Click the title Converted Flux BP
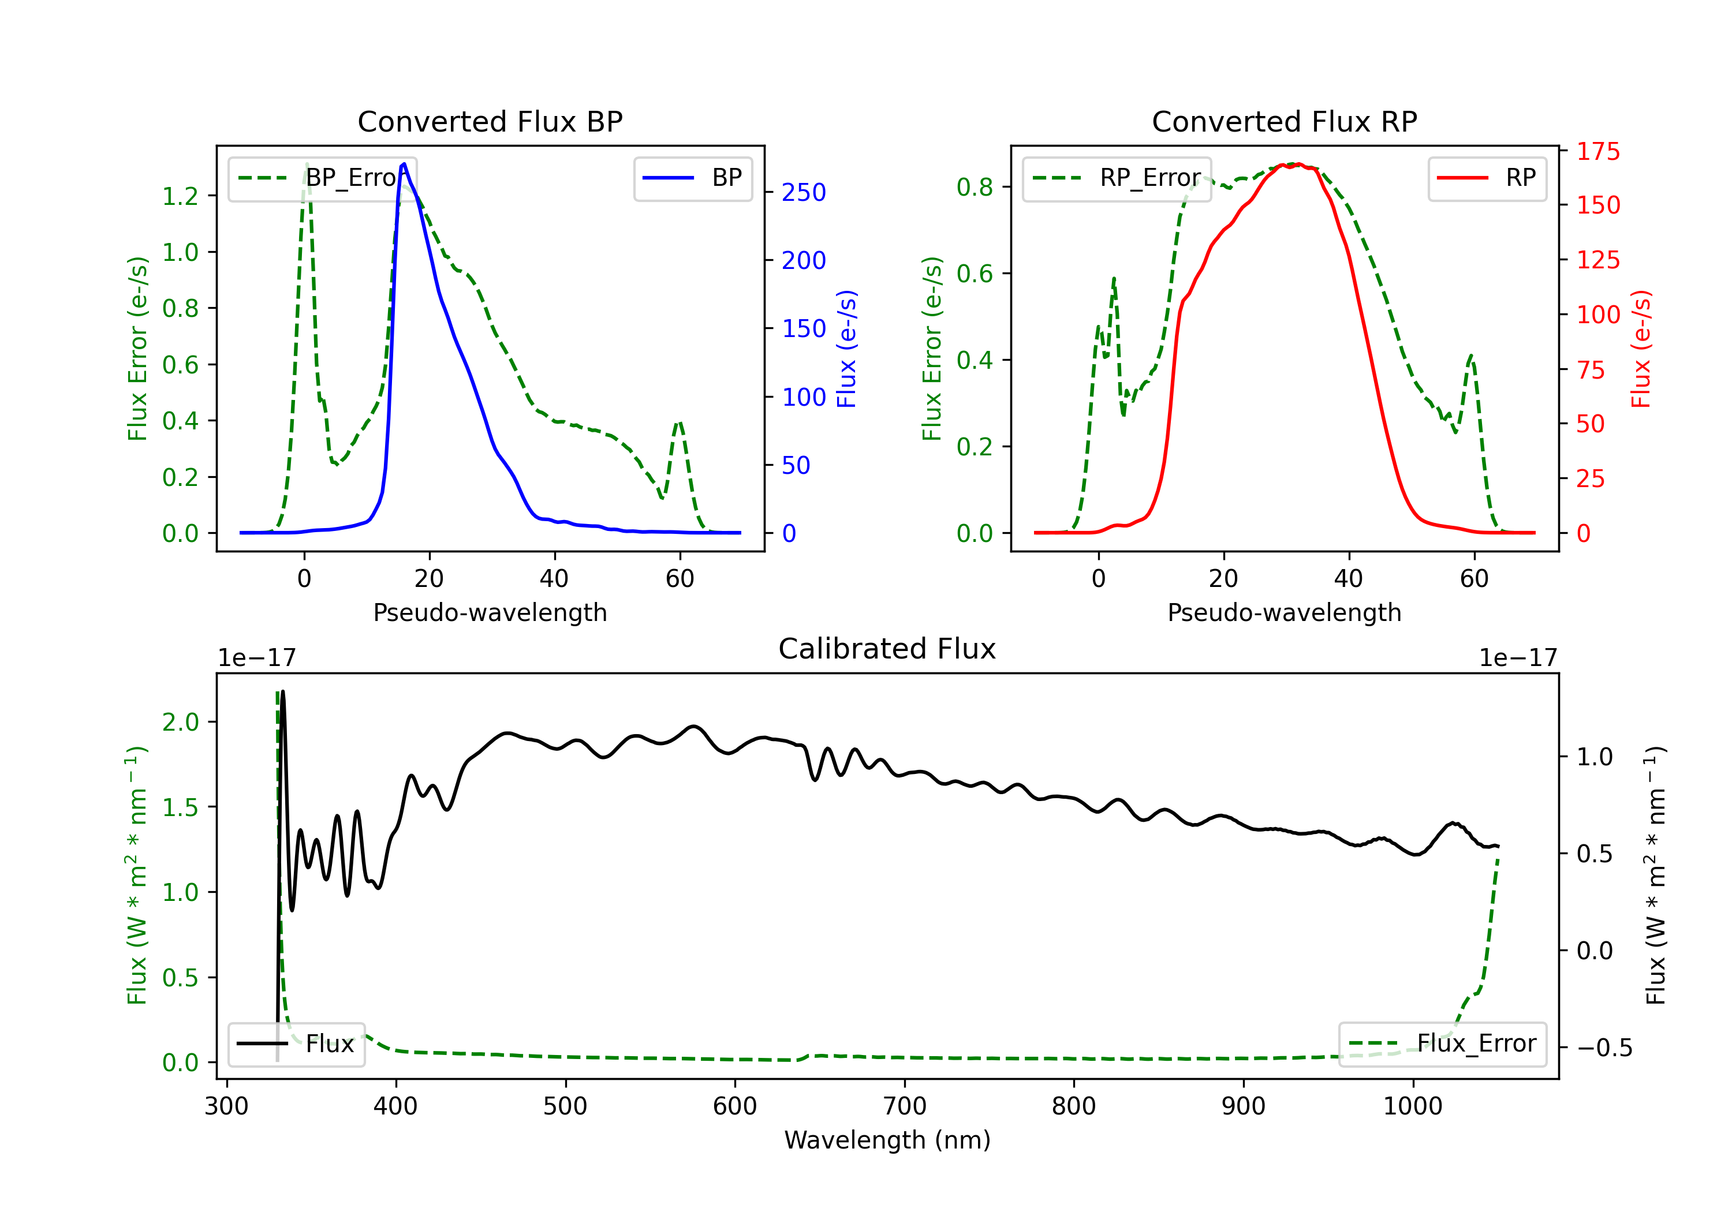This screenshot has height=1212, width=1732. [x=490, y=121]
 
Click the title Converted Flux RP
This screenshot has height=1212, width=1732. [x=1284, y=121]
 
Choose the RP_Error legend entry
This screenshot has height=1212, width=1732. [x=1117, y=178]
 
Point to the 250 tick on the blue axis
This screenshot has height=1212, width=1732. [x=804, y=192]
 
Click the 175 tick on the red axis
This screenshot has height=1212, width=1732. [x=1597, y=152]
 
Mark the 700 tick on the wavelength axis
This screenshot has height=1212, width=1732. [x=905, y=1106]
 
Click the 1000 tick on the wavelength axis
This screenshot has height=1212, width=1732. [x=1412, y=1106]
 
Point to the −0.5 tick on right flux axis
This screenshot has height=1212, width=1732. [x=1604, y=1048]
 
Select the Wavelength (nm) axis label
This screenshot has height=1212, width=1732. [x=887, y=1140]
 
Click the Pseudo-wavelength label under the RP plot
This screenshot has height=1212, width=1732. [x=1284, y=612]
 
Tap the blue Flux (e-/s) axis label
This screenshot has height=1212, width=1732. [x=846, y=349]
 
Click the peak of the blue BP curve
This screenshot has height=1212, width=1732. [x=404, y=164]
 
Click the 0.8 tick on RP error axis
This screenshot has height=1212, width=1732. [x=975, y=186]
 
